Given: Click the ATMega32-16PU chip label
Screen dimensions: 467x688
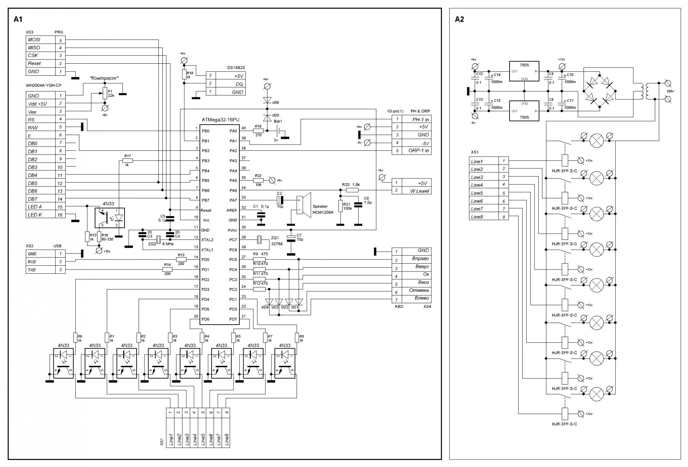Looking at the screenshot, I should coord(220,120).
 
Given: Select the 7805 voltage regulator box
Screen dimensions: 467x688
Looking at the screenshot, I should coord(524,71).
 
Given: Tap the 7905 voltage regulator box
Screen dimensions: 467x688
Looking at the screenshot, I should coord(524,111).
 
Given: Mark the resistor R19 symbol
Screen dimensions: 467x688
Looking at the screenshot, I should coord(258,131).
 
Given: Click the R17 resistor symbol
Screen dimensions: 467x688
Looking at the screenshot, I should coord(127,160).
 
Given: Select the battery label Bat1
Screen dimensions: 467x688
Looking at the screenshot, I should coord(278,121).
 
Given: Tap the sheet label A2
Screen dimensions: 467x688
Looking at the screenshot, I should coord(459,19).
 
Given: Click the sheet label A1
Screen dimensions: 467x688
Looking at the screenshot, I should coord(18,19).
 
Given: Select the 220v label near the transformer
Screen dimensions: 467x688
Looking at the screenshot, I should coord(670,91).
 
